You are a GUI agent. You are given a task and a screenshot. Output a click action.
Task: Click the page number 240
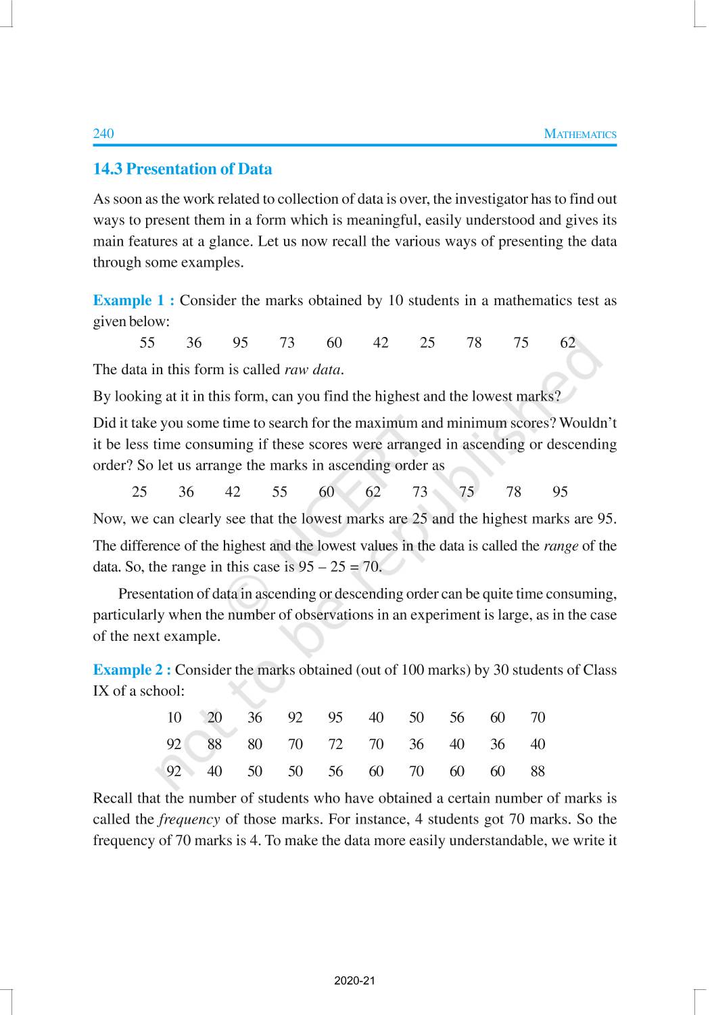coord(103,133)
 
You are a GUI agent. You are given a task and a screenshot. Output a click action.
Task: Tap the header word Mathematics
coord(580,134)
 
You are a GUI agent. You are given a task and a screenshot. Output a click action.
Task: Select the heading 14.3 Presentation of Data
coord(183,169)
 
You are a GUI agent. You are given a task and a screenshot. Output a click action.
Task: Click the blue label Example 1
coord(133,300)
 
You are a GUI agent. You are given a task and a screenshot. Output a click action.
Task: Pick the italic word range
coord(561,546)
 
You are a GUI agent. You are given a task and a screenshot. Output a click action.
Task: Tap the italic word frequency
coord(189,819)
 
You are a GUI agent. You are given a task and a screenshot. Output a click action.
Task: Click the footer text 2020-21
coord(354,980)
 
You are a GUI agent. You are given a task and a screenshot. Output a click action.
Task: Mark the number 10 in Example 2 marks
coord(174,718)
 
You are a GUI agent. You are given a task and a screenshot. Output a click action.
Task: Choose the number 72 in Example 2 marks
coord(335,744)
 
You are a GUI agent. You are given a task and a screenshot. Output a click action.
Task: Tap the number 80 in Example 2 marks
coord(255,744)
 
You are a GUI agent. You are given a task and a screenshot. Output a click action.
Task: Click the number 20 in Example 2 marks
coord(214,718)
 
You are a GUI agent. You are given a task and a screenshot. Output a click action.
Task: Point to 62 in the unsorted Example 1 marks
coord(568,343)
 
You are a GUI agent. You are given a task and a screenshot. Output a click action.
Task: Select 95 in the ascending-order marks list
coord(560,492)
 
